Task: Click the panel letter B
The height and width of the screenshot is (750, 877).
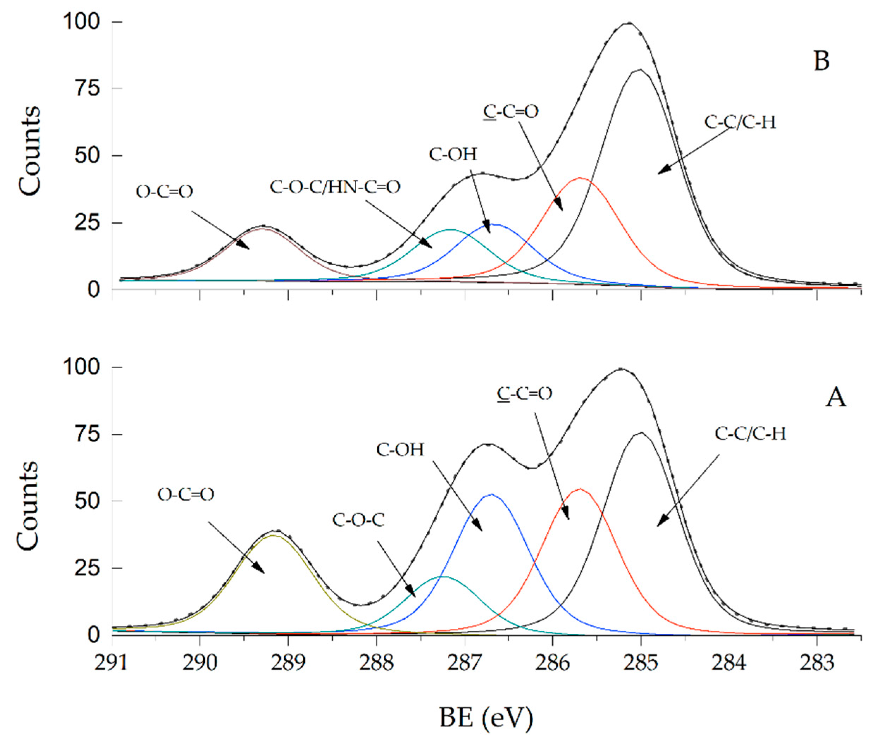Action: point(822,61)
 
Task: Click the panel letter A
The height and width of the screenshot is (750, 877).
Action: point(835,398)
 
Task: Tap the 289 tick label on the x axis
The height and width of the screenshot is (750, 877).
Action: point(288,663)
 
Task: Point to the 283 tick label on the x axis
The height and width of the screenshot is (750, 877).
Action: point(816,663)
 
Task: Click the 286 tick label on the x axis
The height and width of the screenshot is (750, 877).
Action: point(553,663)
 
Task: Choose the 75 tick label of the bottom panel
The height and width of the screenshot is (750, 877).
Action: point(87,434)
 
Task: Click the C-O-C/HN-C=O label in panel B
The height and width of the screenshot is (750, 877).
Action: point(335,187)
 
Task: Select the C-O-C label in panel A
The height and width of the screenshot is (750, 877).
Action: point(358,520)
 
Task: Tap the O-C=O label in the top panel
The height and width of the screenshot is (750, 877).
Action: point(164,192)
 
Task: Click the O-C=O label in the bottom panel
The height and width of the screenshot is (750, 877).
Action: point(186,494)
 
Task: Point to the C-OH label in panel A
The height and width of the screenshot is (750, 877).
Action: point(400,450)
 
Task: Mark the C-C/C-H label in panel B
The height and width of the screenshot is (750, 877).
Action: point(740,122)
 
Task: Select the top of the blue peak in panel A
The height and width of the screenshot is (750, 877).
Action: point(492,494)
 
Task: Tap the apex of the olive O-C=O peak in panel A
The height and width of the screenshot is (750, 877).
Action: point(274,535)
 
